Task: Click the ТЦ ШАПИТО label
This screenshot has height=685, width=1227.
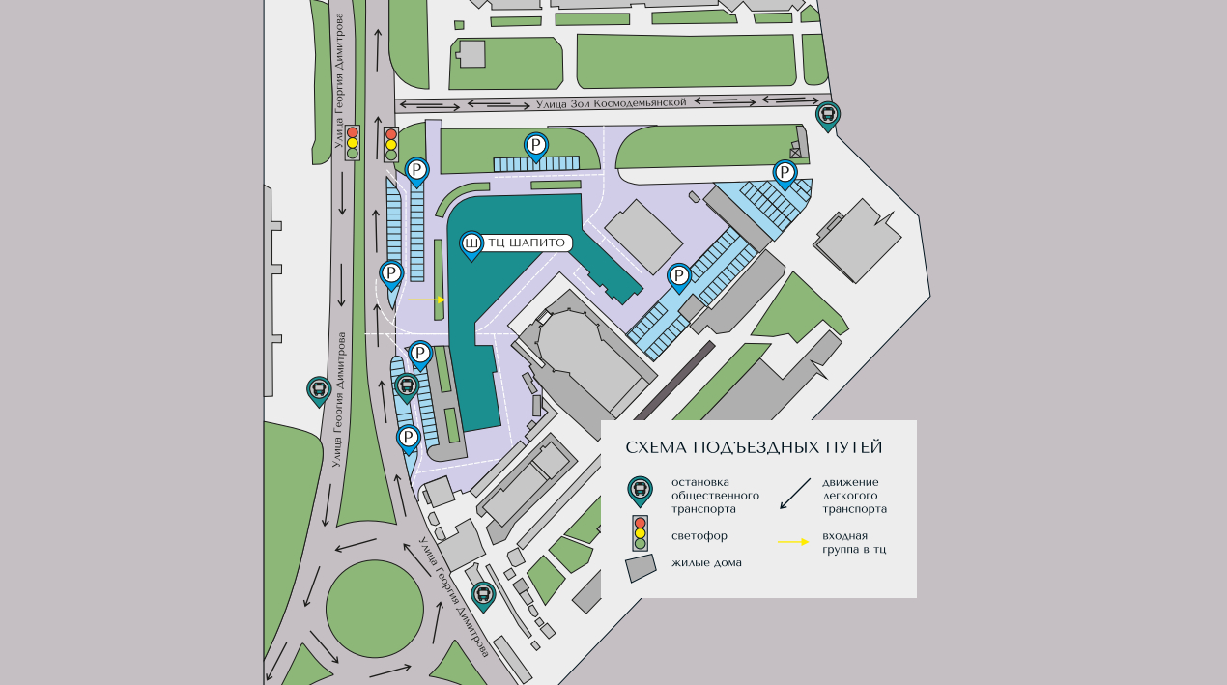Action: pos(527,243)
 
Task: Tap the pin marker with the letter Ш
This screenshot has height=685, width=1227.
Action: pos(471,244)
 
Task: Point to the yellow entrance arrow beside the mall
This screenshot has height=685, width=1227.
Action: pos(426,300)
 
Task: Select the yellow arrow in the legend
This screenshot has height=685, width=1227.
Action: pos(793,542)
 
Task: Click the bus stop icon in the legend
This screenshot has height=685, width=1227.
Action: pos(640,491)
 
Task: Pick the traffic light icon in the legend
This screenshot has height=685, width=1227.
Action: pos(640,532)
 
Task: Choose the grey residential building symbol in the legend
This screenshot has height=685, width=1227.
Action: pos(641,567)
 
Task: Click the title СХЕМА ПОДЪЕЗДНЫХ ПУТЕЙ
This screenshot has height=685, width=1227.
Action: pos(754,447)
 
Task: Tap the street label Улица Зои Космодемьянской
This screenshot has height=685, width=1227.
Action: pos(611,102)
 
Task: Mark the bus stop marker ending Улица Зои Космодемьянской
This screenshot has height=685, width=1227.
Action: pos(828,115)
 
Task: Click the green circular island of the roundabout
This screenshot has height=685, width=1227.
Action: pos(375,609)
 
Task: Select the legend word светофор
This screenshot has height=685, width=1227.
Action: pos(699,535)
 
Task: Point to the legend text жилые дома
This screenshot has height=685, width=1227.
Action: pos(706,563)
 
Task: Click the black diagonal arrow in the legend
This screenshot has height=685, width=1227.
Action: pos(795,493)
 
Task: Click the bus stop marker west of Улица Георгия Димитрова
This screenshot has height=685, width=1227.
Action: pos(319,390)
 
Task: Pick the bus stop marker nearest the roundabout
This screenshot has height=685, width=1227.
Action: pos(483,596)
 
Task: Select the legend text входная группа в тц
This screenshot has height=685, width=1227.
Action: pos(854,542)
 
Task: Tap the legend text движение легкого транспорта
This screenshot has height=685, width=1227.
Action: pos(854,496)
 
